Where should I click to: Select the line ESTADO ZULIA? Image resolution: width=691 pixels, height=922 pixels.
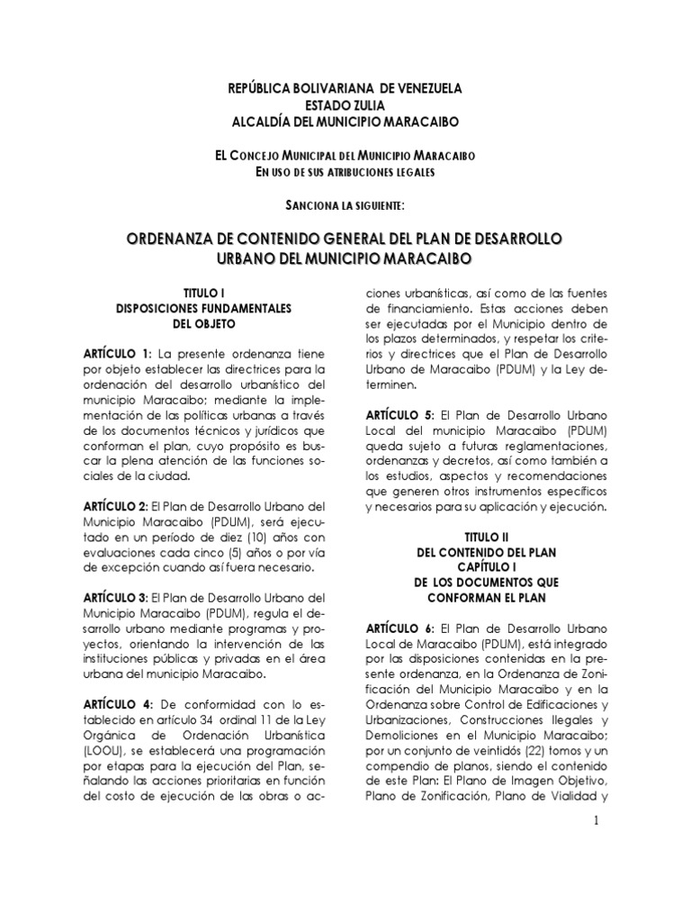point(345,105)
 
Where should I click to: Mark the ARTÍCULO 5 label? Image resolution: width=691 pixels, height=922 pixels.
point(399,415)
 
